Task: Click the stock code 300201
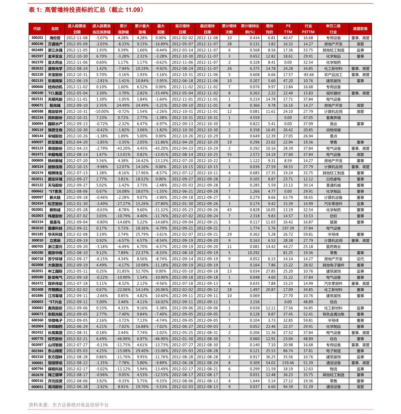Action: click(37, 38)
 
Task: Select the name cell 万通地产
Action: click(55, 44)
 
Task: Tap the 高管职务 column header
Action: click(360, 29)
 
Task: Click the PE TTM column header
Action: click(288, 29)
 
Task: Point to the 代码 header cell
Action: click(37, 29)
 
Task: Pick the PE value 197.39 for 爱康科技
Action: click(288, 229)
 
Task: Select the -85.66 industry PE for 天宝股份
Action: click(308, 75)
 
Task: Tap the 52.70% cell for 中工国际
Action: click(142, 271)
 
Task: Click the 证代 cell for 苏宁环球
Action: click(360, 259)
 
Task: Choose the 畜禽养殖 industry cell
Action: click(333, 118)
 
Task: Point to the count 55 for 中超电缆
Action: click(229, 155)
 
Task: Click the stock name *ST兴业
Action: click(55, 302)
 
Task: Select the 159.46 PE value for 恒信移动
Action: click(288, 363)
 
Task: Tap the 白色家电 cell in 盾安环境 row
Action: click(333, 179)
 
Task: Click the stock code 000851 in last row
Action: click(37, 387)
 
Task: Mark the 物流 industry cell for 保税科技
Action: click(333, 369)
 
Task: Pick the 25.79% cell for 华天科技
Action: click(142, 235)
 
